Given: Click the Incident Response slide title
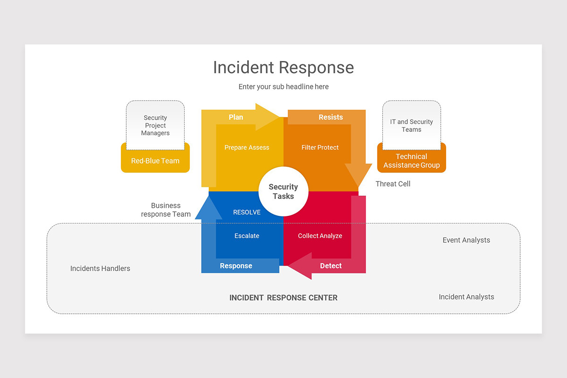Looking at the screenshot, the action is coord(283,68).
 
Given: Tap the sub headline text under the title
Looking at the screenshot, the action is coord(283,87).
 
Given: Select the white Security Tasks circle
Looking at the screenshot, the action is coord(283,191).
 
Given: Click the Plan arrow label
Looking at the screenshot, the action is coord(236,117).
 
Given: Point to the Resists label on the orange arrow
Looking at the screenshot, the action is coord(331,117).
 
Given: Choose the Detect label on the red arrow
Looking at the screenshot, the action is coord(331,266).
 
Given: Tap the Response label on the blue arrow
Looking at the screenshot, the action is coord(236,266).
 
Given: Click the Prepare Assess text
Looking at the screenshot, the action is coord(247,147).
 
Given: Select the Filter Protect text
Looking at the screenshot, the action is coord(320,147).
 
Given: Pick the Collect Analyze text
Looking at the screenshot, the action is coord(320,236).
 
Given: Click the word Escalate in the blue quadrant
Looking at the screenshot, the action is coord(247,236).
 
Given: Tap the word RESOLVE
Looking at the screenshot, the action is coord(247,212).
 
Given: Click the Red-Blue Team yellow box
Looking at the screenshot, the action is coord(155,161).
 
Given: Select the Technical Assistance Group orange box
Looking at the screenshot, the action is coord(412,161).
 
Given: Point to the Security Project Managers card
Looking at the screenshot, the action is coord(155,125).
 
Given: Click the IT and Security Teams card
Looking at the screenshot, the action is coord(412,125).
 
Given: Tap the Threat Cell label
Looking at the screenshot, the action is coord(393,184).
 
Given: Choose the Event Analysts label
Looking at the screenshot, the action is coord(466,240).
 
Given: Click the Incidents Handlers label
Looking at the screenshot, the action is coord(100,268).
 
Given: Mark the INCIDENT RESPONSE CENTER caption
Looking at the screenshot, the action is coord(283,298).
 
